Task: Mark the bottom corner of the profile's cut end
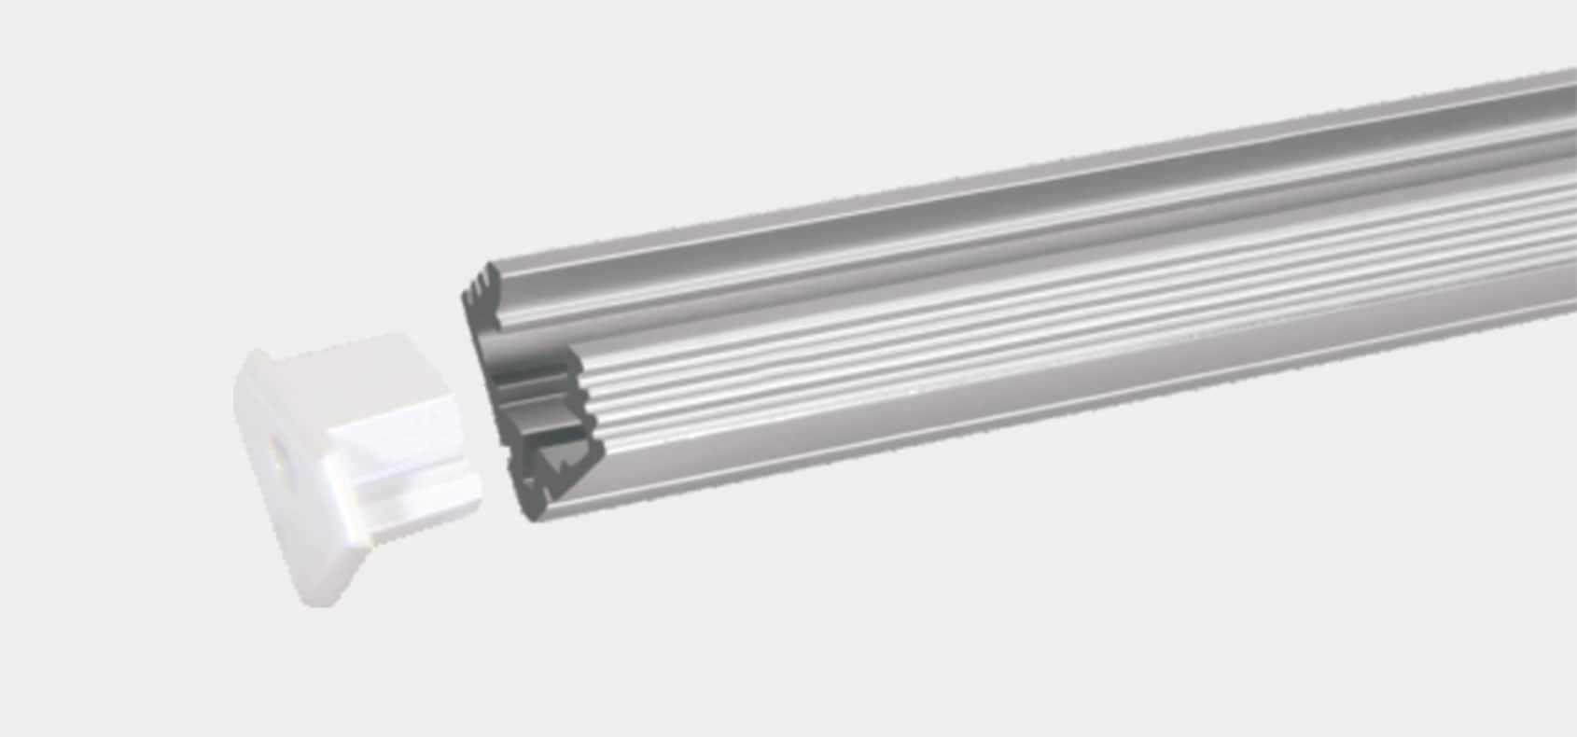[x=532, y=518]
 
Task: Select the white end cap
[x=355, y=466]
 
